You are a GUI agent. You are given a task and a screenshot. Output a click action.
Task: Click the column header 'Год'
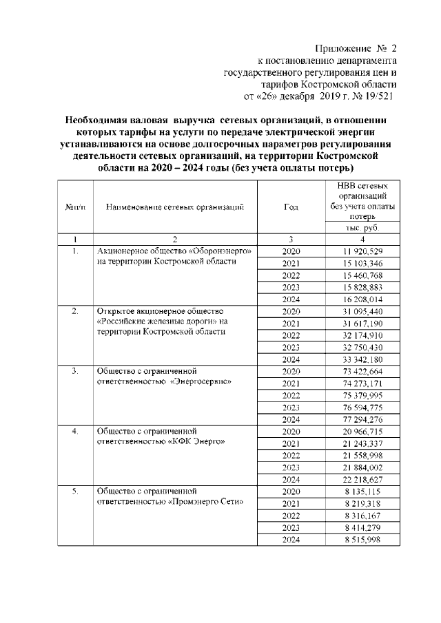tap(290, 207)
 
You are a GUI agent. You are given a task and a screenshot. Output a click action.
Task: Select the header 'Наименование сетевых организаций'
tap(175, 207)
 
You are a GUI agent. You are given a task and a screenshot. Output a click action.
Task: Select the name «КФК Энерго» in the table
tap(196, 443)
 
